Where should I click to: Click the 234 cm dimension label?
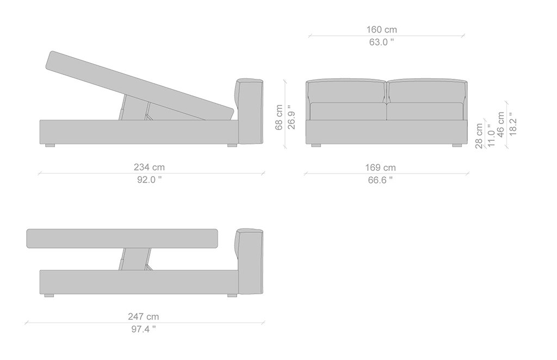[149, 167]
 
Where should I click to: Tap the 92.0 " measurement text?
[149, 179]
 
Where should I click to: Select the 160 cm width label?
[381, 29]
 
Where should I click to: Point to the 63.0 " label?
[381, 42]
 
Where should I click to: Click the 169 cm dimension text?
[380, 167]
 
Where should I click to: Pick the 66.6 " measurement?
[380, 180]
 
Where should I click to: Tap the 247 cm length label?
[144, 316]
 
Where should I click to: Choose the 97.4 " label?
[144, 329]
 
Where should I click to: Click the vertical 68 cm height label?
[279, 117]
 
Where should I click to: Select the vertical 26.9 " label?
[292, 117]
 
